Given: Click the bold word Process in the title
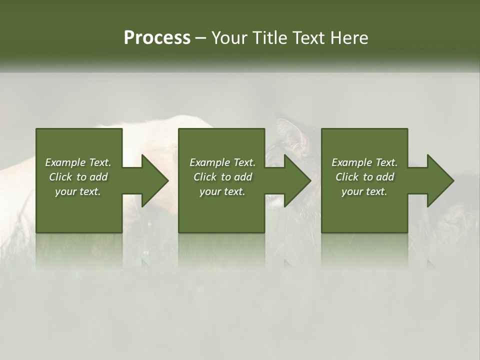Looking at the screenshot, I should pos(157,38).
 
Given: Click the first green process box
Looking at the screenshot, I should pos(79,215).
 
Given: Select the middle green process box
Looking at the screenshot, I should pos(221,215).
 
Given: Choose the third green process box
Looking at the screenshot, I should pos(364,215).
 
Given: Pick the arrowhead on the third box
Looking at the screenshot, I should pos(439,180).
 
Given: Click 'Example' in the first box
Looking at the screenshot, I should pos(65,162).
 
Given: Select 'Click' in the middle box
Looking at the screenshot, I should pos(205,177).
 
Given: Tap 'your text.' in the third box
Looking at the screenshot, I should pos(364,191).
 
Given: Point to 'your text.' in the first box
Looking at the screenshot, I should pos(78,191).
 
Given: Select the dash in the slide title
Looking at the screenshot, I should pos(200,38).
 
